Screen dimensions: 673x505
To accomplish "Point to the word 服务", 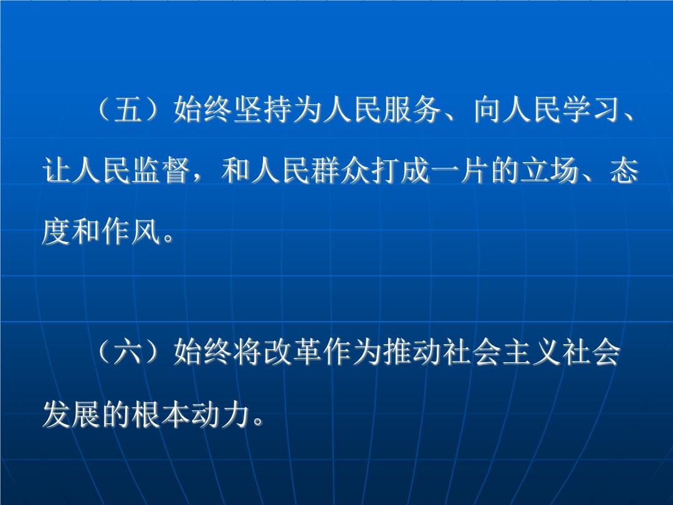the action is point(413,110).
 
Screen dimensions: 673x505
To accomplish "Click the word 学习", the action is point(593,110).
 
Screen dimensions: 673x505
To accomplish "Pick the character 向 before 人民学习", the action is point(489,110).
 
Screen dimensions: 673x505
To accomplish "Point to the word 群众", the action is point(341,170).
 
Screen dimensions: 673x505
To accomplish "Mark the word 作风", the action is point(131,232).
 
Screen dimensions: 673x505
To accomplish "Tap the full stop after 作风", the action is point(169,238).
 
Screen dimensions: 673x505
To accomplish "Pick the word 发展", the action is point(72,415).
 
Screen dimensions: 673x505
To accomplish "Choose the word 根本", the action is point(162,415).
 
